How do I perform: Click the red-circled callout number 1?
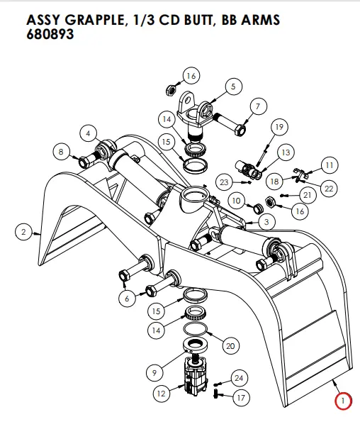(x=343, y=401)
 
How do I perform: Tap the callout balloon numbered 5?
(x=231, y=87)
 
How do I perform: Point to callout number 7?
(x=257, y=107)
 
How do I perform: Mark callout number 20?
(x=229, y=346)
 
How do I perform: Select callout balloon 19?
(x=278, y=127)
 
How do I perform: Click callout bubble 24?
(x=239, y=378)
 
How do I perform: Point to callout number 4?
(x=88, y=133)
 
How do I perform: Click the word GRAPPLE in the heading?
(x=92, y=19)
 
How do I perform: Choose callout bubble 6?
(x=126, y=299)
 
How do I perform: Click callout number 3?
(x=267, y=222)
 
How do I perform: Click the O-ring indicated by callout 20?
(x=197, y=332)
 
